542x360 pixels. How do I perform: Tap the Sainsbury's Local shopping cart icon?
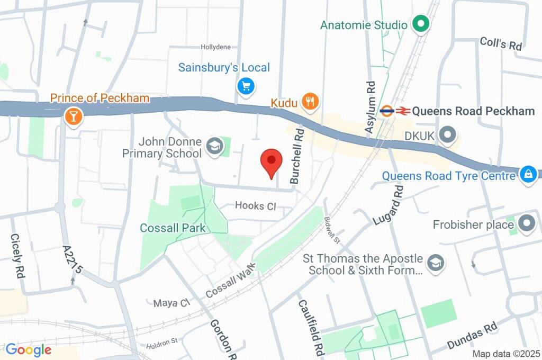click(x=246, y=86)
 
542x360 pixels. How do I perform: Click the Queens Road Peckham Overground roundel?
click(x=387, y=111)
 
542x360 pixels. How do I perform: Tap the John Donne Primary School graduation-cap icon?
click(x=214, y=147)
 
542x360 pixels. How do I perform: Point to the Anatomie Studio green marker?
click(x=421, y=24)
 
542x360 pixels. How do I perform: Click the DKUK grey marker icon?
click(x=448, y=136)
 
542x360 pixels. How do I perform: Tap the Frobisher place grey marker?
click(x=527, y=224)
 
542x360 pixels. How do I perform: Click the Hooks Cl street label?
click(x=256, y=205)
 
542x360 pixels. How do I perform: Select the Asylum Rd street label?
click(x=371, y=106)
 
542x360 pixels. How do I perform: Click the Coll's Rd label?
click(x=501, y=43)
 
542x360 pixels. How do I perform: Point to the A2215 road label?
click(x=72, y=259)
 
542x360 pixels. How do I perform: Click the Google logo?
click(x=28, y=349)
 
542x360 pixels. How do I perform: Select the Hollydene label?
click(x=215, y=47)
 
